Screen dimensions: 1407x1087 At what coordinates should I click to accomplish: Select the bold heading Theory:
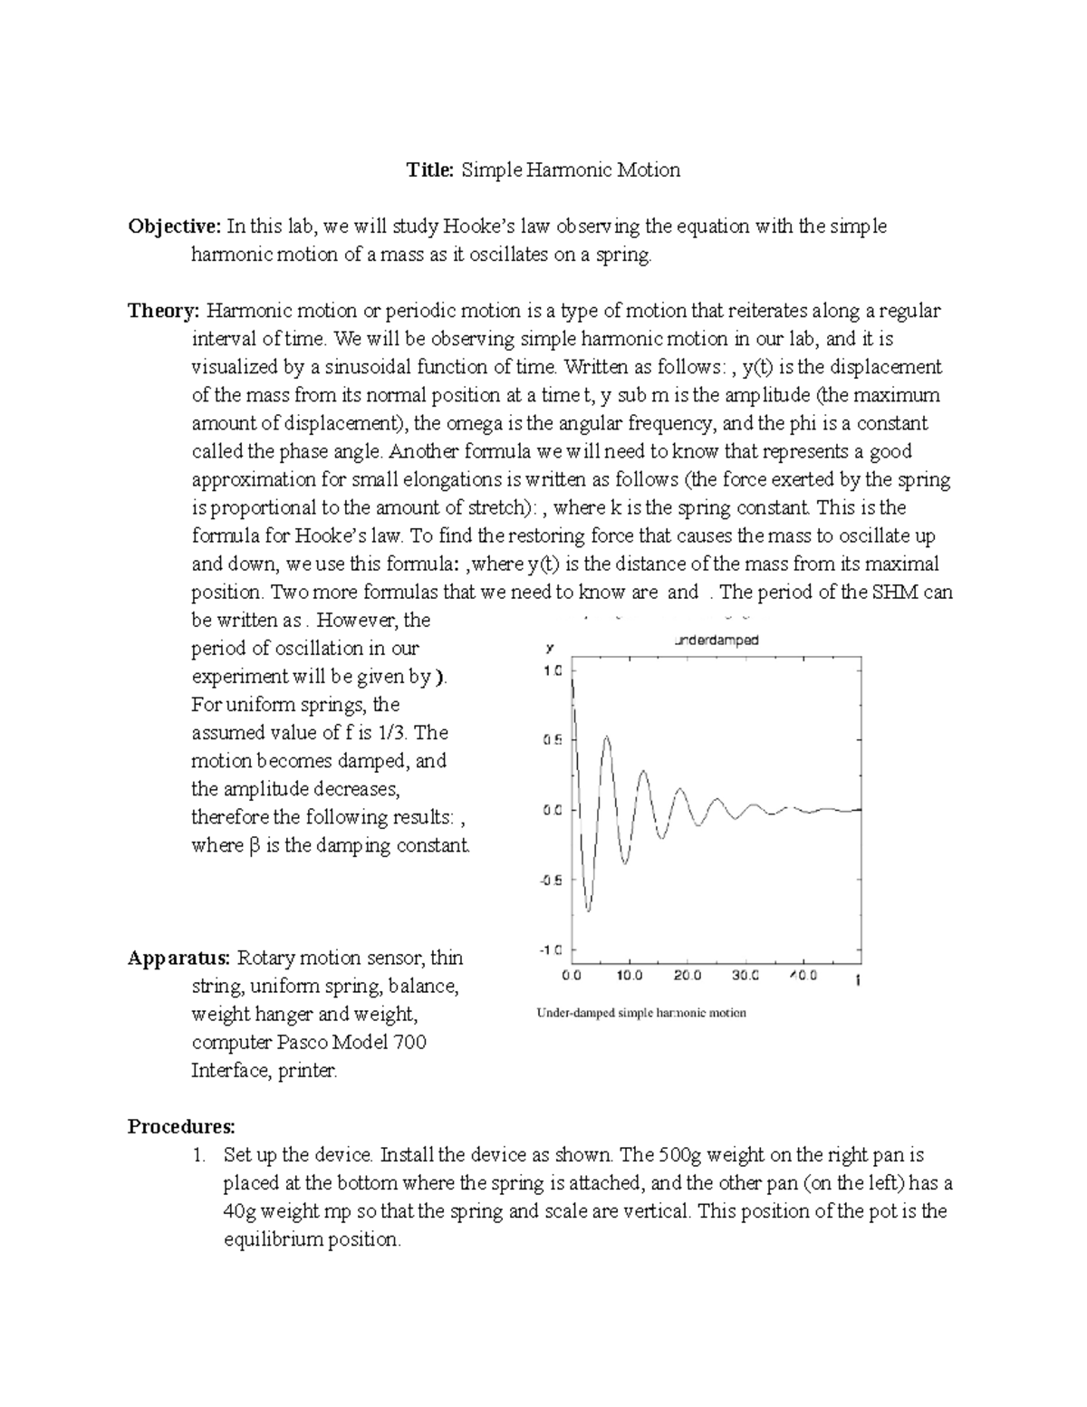163,312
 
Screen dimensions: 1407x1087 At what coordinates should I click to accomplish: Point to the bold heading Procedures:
181,1127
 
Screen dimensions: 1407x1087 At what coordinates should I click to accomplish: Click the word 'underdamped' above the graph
717,641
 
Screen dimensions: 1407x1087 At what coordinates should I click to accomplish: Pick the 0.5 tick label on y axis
552,740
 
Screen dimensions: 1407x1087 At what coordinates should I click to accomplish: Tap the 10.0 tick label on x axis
629,977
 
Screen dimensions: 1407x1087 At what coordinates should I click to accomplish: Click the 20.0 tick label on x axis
687,977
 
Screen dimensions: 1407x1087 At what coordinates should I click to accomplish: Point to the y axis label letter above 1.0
548,649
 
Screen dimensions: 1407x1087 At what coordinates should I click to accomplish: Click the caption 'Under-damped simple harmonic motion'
641,1013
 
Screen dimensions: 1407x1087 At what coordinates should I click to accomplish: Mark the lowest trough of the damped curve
589,910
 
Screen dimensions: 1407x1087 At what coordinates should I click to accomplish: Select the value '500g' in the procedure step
679,1156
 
